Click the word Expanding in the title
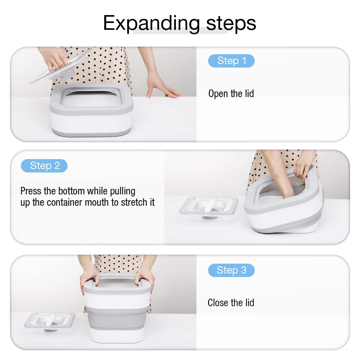pyautogui.click(x=152, y=24)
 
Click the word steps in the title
pyautogui.click(x=231, y=23)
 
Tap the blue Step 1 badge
pyautogui.click(x=231, y=61)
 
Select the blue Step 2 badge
pyautogui.click(x=44, y=166)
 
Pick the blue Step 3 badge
pyautogui.click(x=231, y=270)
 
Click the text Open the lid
pyautogui.click(x=231, y=94)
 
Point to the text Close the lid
pyautogui.click(x=231, y=303)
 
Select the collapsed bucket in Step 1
pyautogui.click(x=92, y=110)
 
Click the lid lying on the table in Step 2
pyautogui.click(x=209, y=207)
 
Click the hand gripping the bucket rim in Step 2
pyautogui.click(x=304, y=164)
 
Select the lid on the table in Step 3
pyautogui.click(x=50, y=321)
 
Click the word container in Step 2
pyautogui.click(x=65, y=202)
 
